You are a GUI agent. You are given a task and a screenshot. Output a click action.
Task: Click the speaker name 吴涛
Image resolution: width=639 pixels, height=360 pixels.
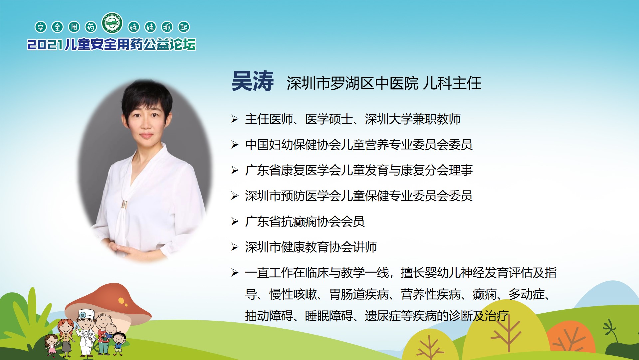(x=253, y=81)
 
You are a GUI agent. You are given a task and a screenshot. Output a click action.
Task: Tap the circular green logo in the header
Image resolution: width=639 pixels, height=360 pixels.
(x=112, y=23)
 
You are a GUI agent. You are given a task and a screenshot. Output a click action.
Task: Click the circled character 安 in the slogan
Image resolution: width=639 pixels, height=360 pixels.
(x=41, y=27)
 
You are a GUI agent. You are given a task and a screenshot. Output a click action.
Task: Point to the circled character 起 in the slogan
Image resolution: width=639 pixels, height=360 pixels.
(x=184, y=27)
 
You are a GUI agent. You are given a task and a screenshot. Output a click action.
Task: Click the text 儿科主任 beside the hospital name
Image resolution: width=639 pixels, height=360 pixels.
(x=452, y=83)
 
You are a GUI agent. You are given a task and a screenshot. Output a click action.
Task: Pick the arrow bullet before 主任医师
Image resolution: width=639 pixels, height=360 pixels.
(x=235, y=119)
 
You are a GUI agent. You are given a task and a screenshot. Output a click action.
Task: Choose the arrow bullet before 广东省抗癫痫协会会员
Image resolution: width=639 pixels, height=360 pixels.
(x=235, y=221)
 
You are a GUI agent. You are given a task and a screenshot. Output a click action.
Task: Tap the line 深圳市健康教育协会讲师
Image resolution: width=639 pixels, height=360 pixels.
(x=311, y=247)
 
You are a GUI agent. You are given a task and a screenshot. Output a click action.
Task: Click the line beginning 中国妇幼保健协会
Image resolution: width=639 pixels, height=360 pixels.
(x=359, y=145)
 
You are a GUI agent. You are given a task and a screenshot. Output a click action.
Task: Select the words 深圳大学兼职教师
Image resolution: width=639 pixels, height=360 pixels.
(x=413, y=119)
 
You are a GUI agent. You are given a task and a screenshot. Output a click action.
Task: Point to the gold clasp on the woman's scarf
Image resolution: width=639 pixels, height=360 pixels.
(x=124, y=205)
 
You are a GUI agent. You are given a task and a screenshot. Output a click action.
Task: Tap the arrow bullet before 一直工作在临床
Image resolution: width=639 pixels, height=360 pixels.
(x=235, y=273)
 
